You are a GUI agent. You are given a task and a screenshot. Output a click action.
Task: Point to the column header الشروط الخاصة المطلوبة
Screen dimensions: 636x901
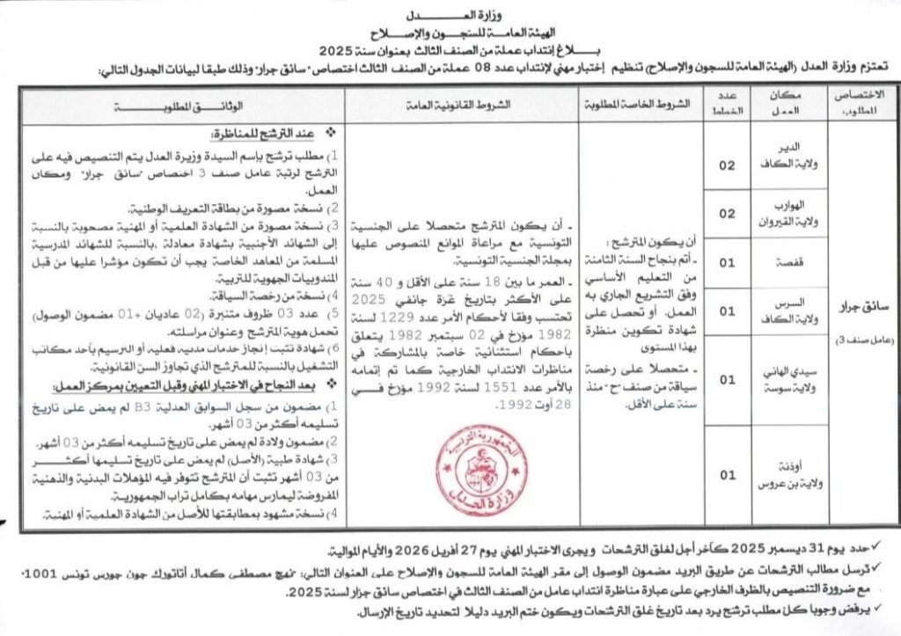click(x=634, y=104)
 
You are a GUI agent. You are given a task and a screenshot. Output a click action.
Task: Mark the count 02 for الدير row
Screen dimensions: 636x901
click(x=728, y=164)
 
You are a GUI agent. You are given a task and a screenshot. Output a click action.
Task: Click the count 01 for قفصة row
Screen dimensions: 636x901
click(x=728, y=263)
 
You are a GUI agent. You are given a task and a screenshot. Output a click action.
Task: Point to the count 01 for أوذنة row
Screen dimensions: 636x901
click(x=728, y=475)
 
